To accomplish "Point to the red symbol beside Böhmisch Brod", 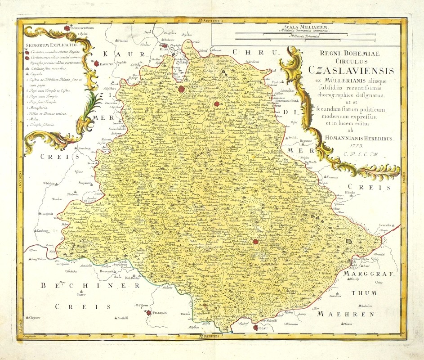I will pyautogui.click(x=67, y=28).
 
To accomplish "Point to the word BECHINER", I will pyautogui.click(x=68, y=286).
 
